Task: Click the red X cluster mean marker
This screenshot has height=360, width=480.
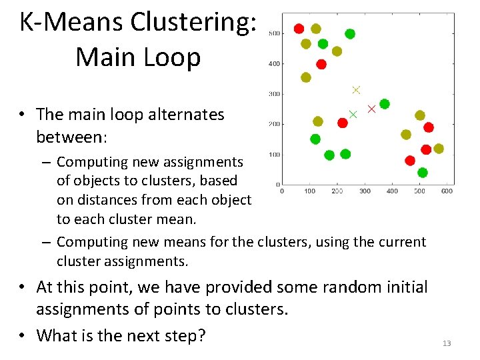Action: tap(372, 109)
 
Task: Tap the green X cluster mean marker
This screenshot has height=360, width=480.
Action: tap(353, 114)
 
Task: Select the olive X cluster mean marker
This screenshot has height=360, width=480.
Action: tap(356, 90)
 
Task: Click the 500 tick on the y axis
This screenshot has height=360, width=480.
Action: tap(274, 34)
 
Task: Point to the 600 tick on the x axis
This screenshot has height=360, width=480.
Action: tap(447, 191)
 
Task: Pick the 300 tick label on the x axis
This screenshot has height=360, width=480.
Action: tap(365, 191)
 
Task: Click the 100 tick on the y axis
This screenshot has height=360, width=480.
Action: tap(274, 155)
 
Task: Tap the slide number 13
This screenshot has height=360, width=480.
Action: tap(447, 343)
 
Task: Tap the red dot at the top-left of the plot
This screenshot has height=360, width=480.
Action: tap(299, 29)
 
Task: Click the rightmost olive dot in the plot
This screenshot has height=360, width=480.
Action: tap(439, 149)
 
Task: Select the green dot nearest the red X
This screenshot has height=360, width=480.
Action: tap(385, 104)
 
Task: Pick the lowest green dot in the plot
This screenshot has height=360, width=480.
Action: tap(422, 173)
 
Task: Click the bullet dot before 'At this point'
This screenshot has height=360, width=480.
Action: tap(23, 287)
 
